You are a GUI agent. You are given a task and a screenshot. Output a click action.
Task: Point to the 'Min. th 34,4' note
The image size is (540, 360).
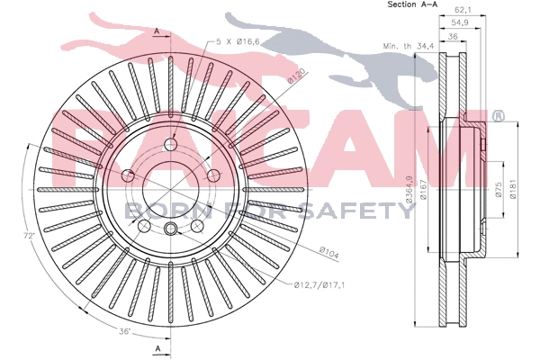[x=403, y=44]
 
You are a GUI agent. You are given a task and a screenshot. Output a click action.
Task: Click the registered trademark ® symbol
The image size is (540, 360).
[x=497, y=117]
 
